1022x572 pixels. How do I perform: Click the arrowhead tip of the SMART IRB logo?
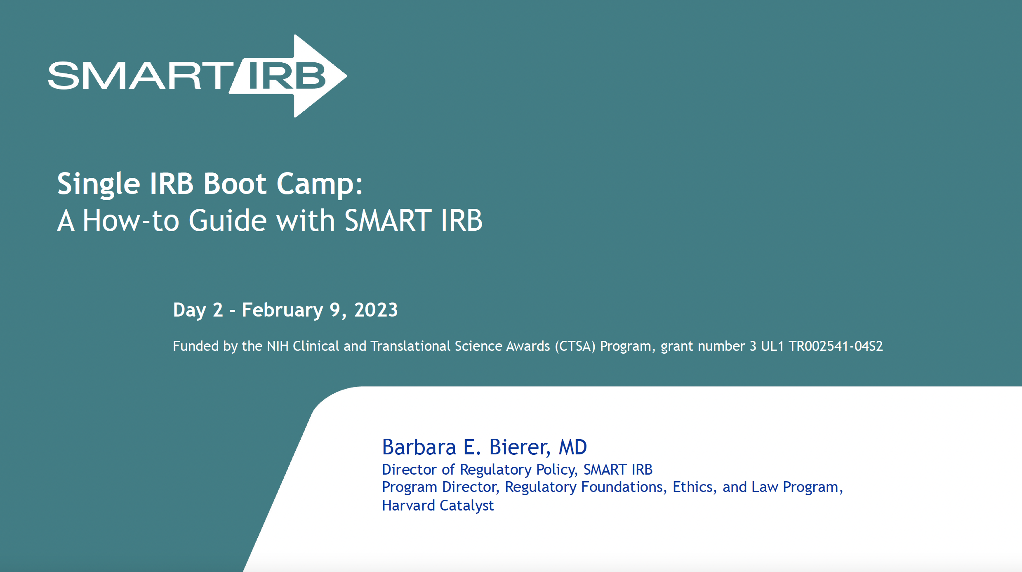[346, 76]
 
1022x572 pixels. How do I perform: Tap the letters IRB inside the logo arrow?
[287, 76]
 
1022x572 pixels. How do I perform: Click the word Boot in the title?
[235, 184]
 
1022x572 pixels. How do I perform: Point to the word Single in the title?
[99, 184]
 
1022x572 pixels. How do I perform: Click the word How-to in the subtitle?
[131, 220]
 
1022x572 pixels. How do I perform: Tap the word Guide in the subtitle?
[228, 220]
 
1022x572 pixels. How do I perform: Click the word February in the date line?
[283, 310]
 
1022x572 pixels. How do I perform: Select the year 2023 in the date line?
[376, 310]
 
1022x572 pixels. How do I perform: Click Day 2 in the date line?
[198, 310]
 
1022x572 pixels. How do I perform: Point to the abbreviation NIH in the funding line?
[278, 346]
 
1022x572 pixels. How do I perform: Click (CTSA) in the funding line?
[575, 346]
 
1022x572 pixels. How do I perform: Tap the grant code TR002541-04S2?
[836, 346]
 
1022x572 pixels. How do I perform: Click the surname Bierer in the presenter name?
[520, 447]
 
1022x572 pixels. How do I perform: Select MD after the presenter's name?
[572, 447]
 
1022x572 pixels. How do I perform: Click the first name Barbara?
[419, 447]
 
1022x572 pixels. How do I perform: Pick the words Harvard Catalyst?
[438, 506]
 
